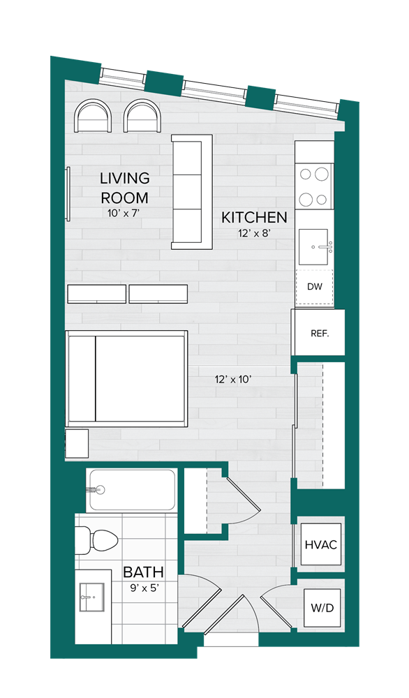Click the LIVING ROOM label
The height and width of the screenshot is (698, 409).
point(125,187)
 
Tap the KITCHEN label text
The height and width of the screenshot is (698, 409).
point(254,218)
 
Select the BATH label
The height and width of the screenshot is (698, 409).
point(143,572)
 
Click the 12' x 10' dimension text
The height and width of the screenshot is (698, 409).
point(234,379)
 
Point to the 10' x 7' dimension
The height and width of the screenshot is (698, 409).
point(124,213)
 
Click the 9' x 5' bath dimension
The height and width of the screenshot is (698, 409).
point(144,588)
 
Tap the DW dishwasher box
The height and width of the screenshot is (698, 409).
point(315,287)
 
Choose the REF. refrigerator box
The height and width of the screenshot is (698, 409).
point(318,332)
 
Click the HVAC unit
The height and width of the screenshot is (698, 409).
point(320,544)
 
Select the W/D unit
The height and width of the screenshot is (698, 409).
point(322,608)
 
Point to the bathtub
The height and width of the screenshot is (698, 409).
point(132,490)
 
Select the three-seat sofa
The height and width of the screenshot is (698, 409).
point(192,192)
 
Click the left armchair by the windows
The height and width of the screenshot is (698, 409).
point(93,116)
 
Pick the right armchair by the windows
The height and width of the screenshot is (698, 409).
point(142,116)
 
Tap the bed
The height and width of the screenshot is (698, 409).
point(126,378)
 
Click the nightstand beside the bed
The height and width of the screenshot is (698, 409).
point(77,443)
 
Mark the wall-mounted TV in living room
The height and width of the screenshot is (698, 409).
point(68,193)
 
